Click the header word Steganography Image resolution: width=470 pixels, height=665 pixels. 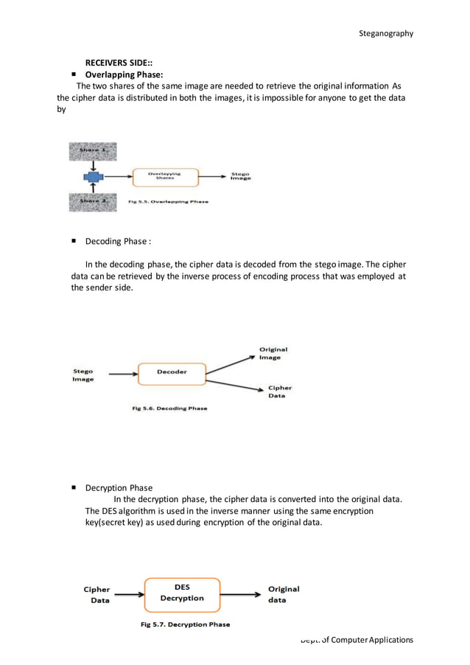point(385,33)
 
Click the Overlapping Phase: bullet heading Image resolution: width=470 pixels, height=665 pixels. point(124,75)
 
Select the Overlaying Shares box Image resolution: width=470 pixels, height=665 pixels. point(166,177)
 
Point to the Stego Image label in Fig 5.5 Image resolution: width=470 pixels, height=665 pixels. point(240,176)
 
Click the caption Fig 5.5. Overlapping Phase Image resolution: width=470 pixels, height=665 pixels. point(168,201)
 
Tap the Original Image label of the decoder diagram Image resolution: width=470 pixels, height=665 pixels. point(273,353)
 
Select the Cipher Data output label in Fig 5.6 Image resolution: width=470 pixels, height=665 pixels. point(279,391)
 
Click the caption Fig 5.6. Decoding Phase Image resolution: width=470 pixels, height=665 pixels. point(169,408)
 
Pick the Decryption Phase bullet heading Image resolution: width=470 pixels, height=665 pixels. point(119,487)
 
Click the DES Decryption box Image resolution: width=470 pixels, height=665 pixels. point(182,593)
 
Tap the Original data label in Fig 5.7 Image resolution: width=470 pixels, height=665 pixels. point(284,594)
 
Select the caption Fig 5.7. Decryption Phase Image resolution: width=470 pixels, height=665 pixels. point(185,624)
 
